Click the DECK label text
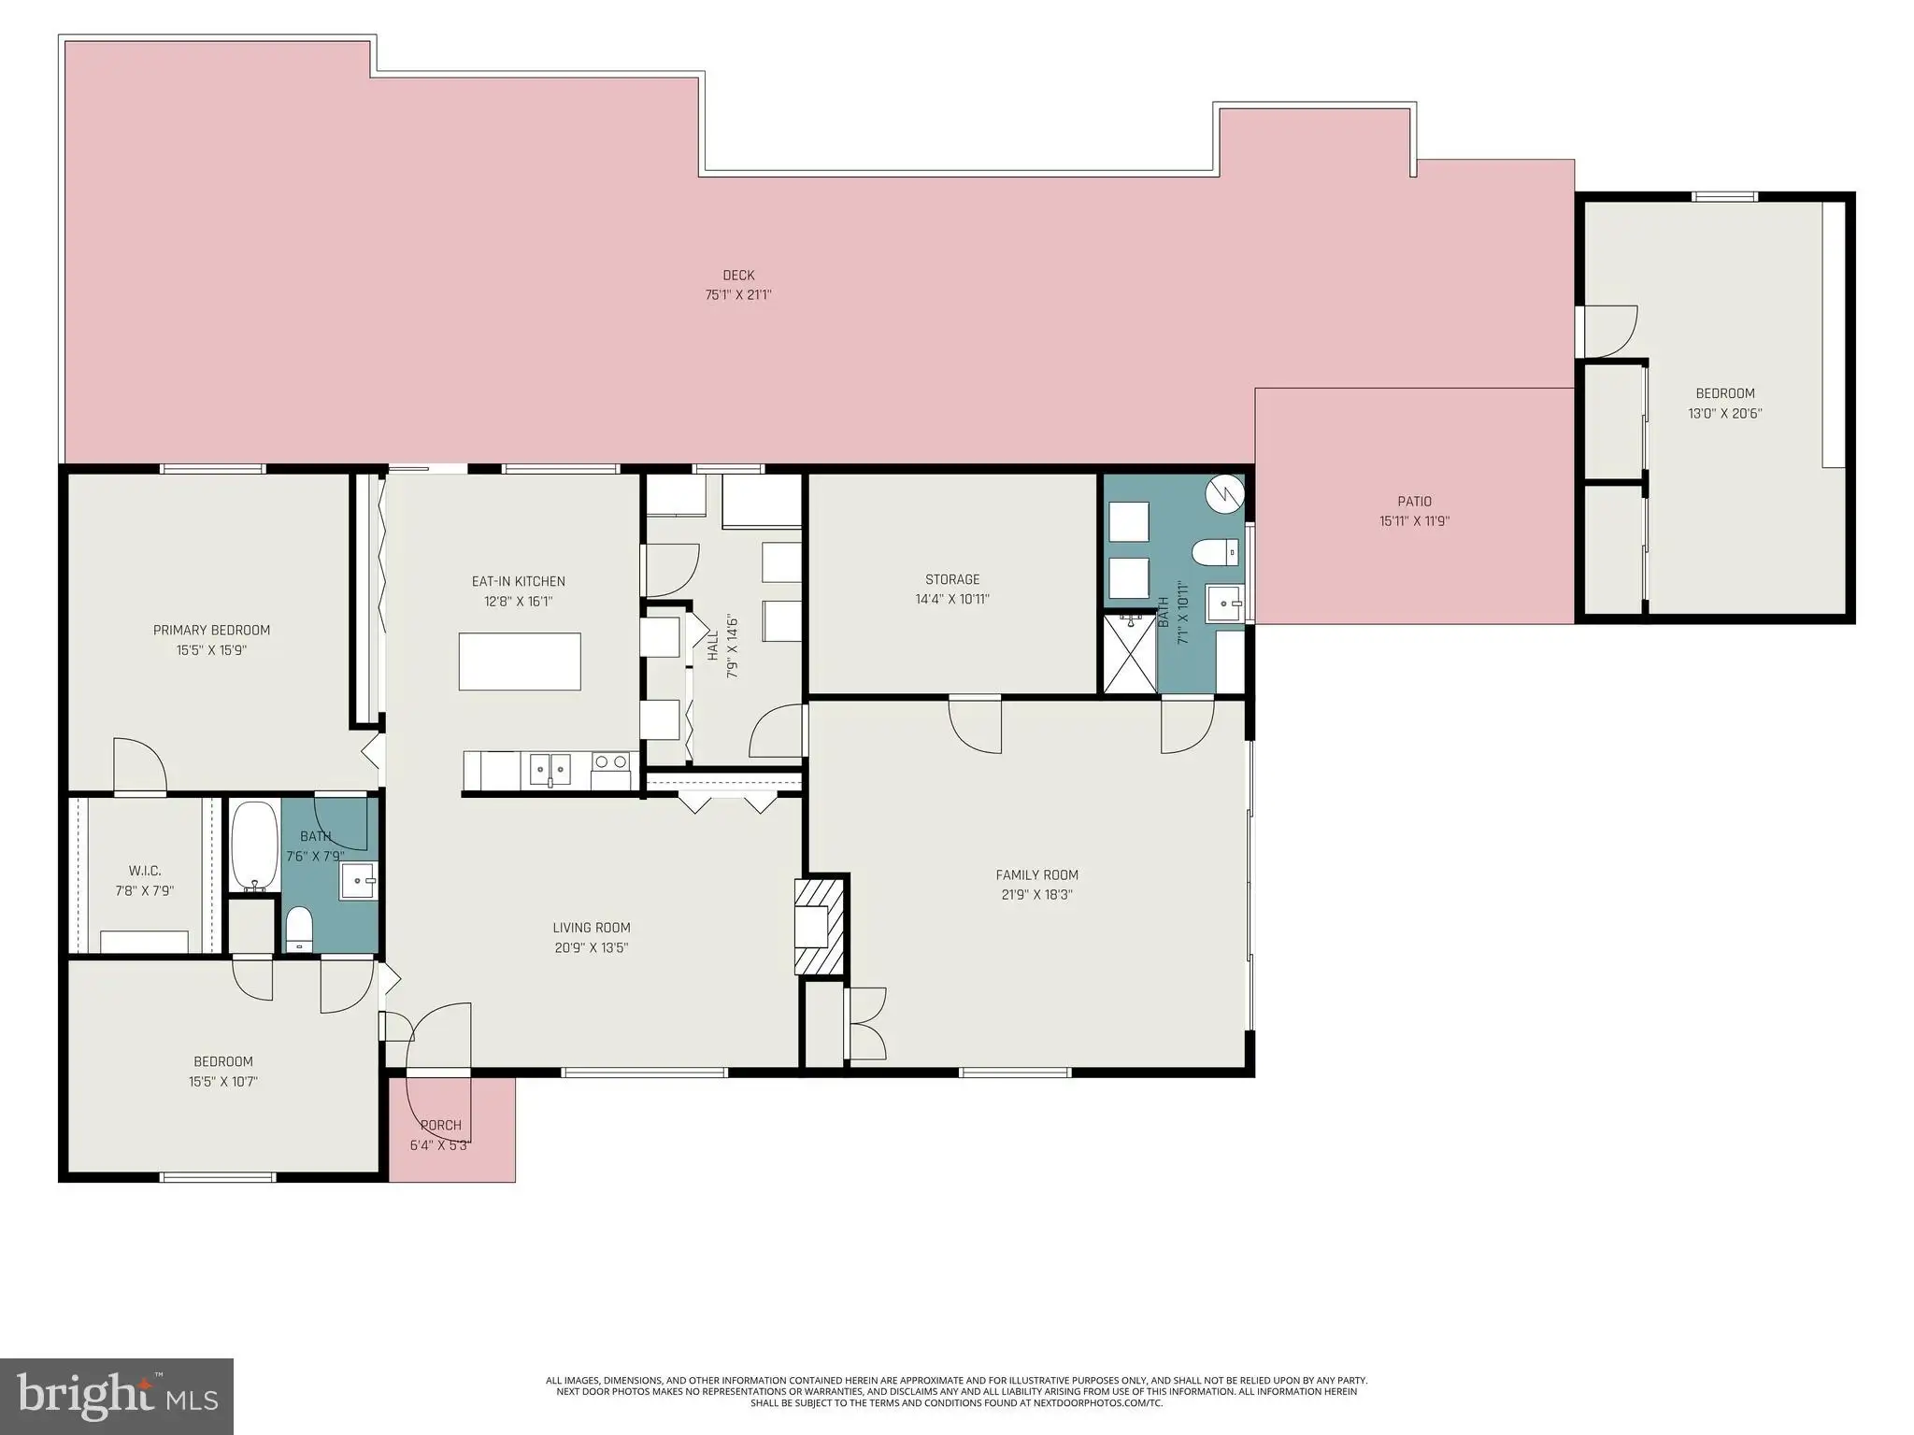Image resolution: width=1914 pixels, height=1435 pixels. pos(738,275)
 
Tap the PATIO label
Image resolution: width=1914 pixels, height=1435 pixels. pos(1414,502)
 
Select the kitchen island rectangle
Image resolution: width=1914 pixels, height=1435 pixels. pos(520,661)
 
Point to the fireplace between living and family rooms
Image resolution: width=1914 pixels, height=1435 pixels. pos(820,926)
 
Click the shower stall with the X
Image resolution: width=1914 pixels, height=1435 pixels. pos(1130,653)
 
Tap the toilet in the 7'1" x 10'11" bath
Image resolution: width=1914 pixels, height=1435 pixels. pos(1217,553)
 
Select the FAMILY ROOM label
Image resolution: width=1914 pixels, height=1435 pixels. pos(1036,874)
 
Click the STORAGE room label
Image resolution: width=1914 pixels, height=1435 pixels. pos(952,579)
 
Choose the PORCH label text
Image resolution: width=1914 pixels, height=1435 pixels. pos(441,1125)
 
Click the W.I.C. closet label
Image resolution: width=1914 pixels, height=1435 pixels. pos(145,871)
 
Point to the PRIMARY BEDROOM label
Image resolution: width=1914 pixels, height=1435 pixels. pos(211,630)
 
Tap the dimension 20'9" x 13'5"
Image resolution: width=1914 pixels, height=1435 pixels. pos(591,947)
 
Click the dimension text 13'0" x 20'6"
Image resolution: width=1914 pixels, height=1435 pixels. pos(1725,413)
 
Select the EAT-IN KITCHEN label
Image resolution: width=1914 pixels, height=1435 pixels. pos(519,581)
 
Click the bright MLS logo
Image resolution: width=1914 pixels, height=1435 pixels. pos(117,1397)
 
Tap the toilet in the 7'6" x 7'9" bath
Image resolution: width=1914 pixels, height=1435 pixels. pos(299,928)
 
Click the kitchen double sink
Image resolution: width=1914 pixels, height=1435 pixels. pos(550,769)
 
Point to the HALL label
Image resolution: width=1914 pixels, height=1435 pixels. pos(713,645)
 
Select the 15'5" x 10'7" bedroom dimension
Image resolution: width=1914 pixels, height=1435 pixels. pos(223,1082)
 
